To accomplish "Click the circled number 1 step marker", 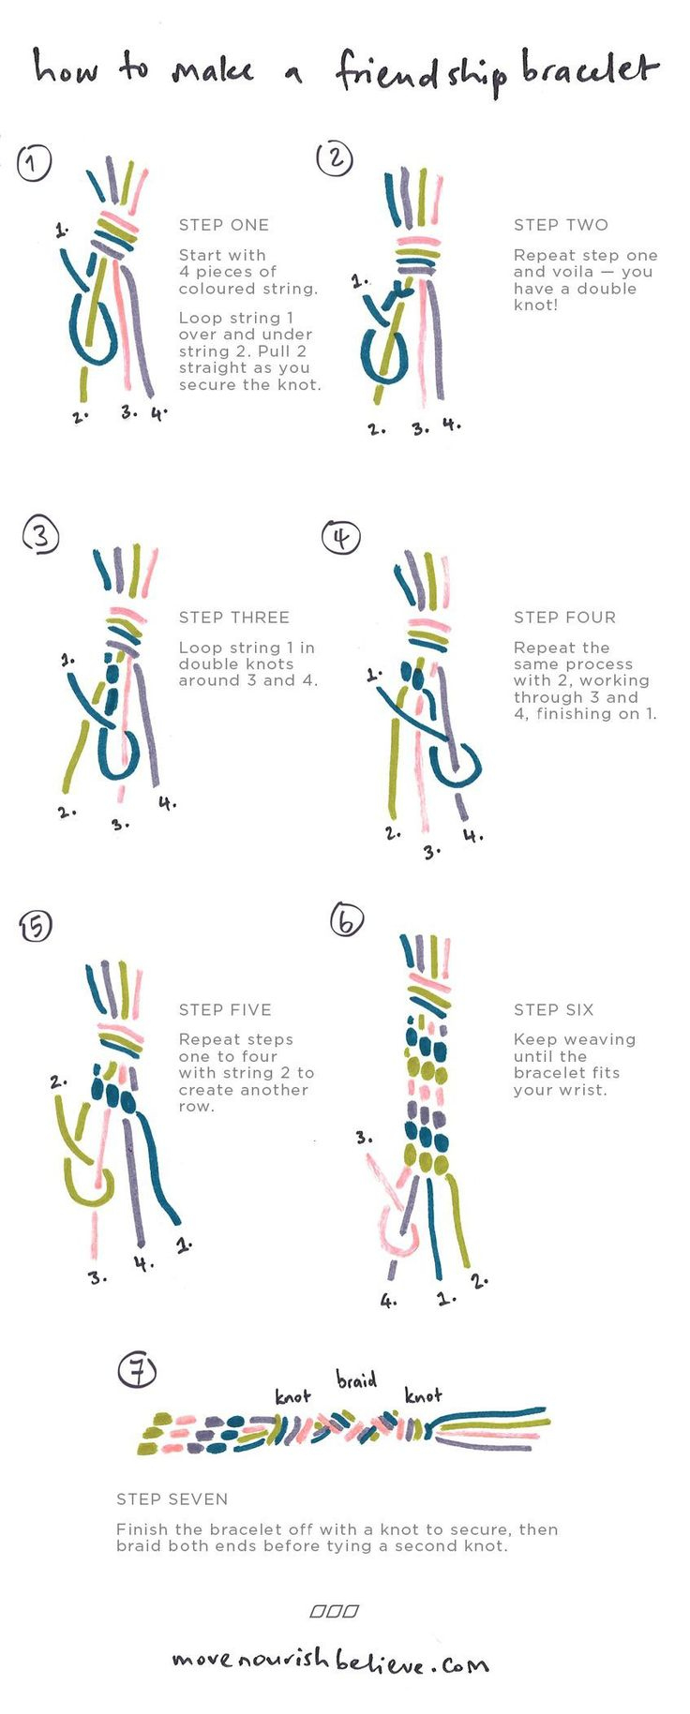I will click(34, 163).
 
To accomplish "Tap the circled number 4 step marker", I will click(340, 537).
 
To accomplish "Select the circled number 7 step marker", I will click(137, 1371).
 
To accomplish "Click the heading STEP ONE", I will click(223, 225).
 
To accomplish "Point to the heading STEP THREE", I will click(233, 618).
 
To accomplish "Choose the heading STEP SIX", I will click(553, 1009).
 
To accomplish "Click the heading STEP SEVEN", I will click(172, 1499).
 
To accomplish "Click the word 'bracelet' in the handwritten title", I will click(590, 69).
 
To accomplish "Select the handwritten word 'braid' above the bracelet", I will click(356, 1379).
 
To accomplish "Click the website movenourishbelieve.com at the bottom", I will click(330, 1662).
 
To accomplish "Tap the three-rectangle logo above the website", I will click(335, 1612).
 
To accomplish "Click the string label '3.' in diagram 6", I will click(364, 1138).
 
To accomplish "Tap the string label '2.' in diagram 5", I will click(58, 1081).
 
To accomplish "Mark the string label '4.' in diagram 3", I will click(167, 803).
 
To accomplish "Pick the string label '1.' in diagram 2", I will click(360, 280).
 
